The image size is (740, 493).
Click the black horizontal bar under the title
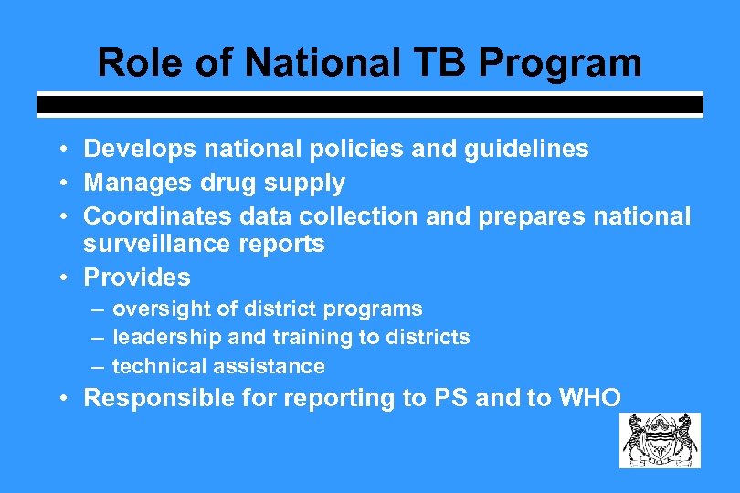click(369, 105)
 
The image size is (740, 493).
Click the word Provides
click(137, 277)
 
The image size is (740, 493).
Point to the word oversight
click(152, 309)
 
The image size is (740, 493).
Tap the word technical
click(150, 366)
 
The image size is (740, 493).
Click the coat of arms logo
click(660, 440)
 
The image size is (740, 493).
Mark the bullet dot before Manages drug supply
click(57, 184)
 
